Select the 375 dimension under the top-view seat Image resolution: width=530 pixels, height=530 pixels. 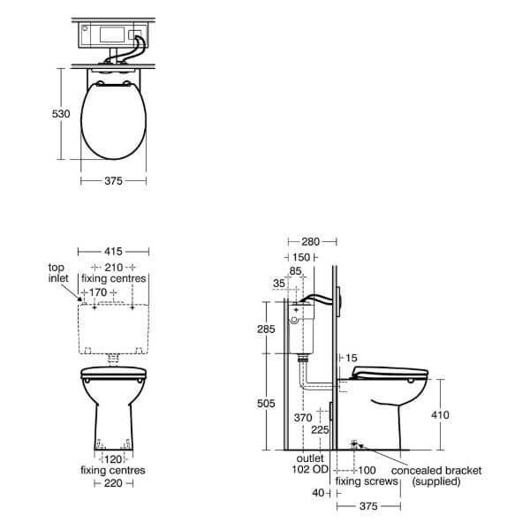click(112, 181)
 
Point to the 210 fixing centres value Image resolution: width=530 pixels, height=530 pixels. click(112, 267)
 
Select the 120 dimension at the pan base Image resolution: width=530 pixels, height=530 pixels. click(112, 460)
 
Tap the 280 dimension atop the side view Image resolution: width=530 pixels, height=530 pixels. click(311, 241)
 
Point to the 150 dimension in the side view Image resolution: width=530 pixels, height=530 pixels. click(303, 257)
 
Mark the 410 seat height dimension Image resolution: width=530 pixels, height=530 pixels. click(451, 413)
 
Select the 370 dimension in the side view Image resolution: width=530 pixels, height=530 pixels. click(303, 416)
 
